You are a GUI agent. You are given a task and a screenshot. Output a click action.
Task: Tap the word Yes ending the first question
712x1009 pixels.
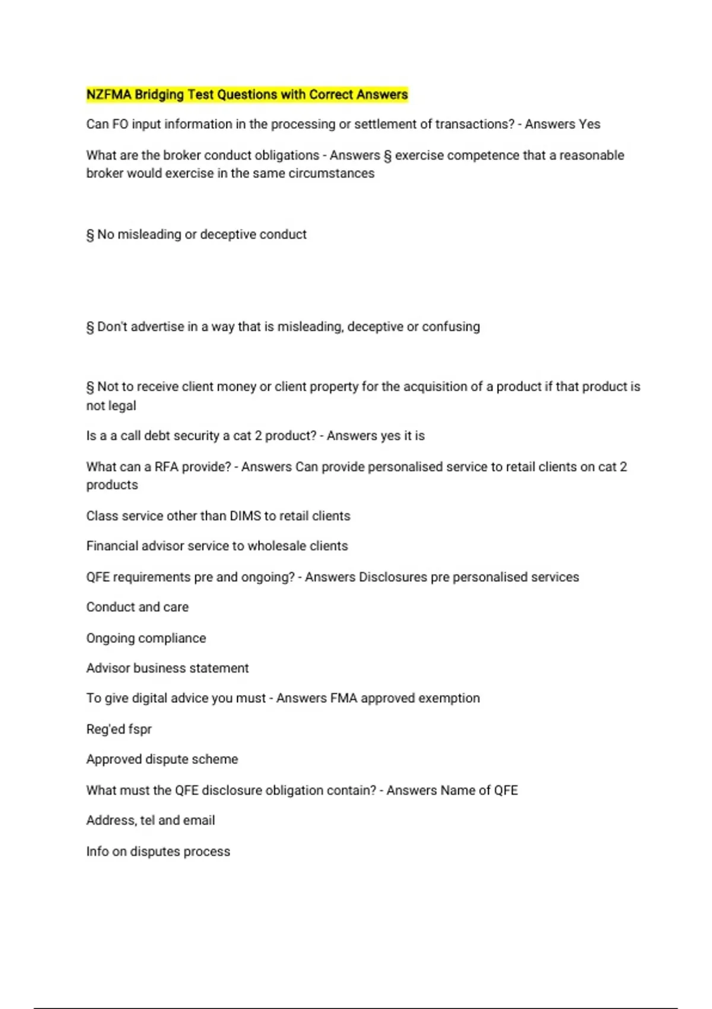click(589, 124)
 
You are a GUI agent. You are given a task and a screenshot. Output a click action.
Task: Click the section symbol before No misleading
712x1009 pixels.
click(90, 235)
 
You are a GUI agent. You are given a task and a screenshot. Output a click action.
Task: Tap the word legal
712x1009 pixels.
click(122, 406)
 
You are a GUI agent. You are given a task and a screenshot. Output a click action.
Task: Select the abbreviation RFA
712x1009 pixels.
click(166, 467)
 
